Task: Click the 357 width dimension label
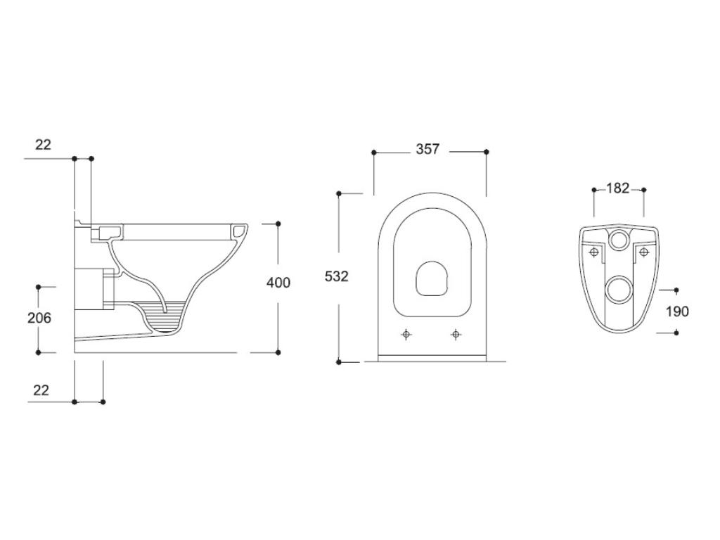pyautogui.click(x=427, y=149)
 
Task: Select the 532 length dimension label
pyautogui.click(x=336, y=276)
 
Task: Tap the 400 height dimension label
pyautogui.click(x=278, y=283)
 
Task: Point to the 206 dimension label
pyautogui.click(x=39, y=318)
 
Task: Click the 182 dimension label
pyautogui.click(x=617, y=188)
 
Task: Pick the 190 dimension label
pyautogui.click(x=676, y=311)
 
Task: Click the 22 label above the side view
pyautogui.click(x=43, y=144)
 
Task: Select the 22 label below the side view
pyautogui.click(x=41, y=390)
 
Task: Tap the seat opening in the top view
pyautogui.click(x=430, y=278)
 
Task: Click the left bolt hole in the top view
pyautogui.click(x=406, y=334)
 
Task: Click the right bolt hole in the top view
pyautogui.click(x=456, y=334)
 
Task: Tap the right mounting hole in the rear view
pyautogui.click(x=643, y=252)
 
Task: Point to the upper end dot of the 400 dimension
pyautogui.click(x=278, y=224)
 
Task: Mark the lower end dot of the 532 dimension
pyautogui.click(x=339, y=362)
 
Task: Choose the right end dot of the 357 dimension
pyautogui.click(x=487, y=152)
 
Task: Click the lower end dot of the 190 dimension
pyautogui.click(x=676, y=333)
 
